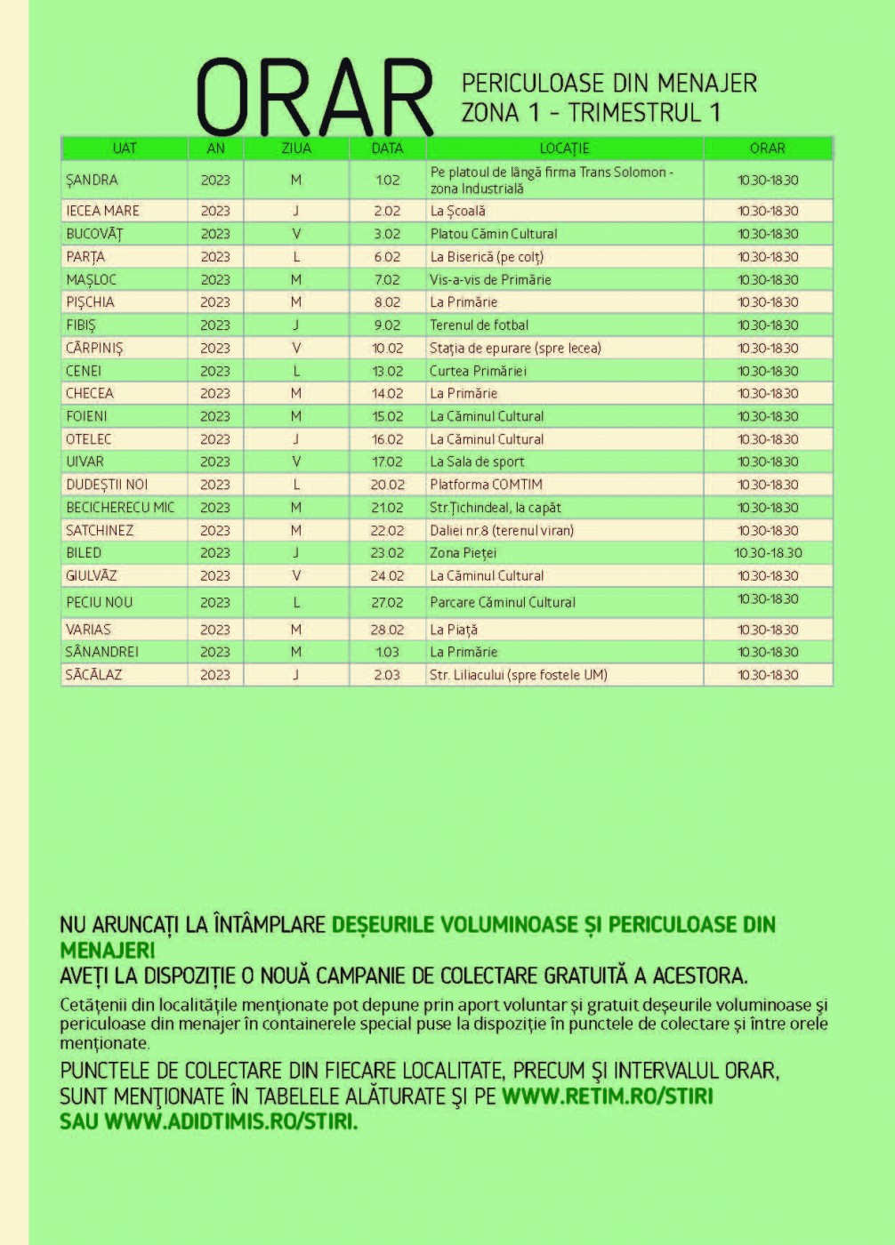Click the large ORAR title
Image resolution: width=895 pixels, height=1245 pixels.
tap(313, 98)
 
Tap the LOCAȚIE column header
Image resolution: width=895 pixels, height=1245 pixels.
tap(564, 149)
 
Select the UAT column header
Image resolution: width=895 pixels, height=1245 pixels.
tap(125, 149)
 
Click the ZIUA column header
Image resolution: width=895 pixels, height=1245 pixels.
tap(295, 149)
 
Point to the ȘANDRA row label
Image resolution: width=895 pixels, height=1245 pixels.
tap(92, 180)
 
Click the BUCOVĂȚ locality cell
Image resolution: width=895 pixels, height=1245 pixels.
tap(94, 234)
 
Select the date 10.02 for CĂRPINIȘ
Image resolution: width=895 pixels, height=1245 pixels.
tap(387, 348)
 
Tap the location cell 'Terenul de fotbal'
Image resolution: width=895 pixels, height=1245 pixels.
tap(479, 325)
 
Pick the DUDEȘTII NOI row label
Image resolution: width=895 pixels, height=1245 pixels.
tap(107, 485)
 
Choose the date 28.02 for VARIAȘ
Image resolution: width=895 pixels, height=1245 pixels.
tap(387, 630)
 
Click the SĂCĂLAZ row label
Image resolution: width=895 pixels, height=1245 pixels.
tap(93, 675)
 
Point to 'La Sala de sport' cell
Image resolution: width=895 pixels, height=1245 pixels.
tap(477, 462)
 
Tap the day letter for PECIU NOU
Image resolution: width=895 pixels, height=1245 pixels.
tap(296, 602)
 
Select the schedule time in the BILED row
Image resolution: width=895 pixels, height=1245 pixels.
tap(768, 552)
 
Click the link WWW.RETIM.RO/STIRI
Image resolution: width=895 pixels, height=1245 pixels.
tap(607, 1096)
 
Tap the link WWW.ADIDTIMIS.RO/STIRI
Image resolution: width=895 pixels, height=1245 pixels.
tap(230, 1121)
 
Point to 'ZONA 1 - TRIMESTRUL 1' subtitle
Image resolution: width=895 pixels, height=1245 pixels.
tap(591, 113)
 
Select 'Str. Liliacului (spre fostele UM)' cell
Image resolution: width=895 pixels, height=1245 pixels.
tap(519, 675)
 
